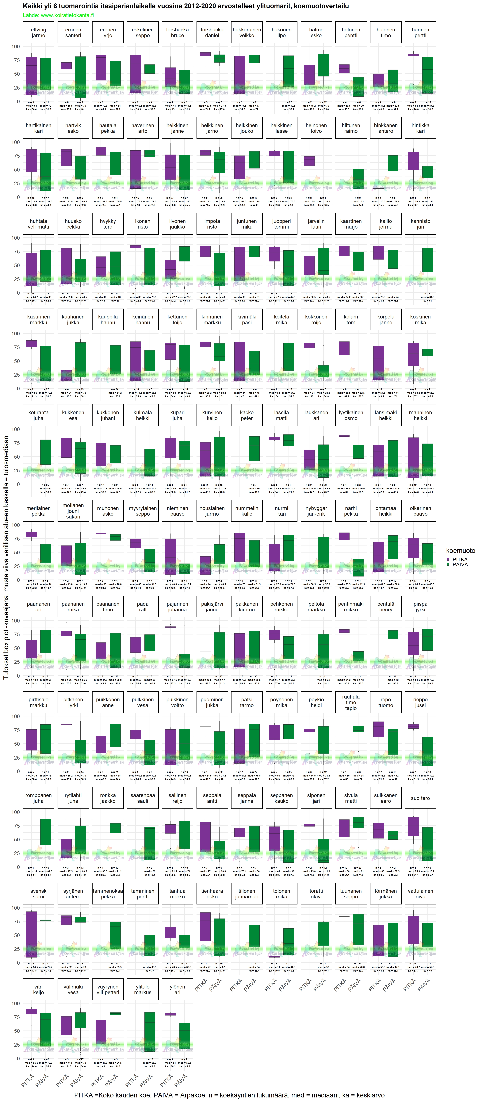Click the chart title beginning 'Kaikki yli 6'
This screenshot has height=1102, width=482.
coord(186,6)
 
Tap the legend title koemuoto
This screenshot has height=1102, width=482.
coord(460,551)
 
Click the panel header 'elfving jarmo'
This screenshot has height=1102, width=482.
coord(39,33)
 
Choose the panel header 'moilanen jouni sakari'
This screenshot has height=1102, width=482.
coord(73,511)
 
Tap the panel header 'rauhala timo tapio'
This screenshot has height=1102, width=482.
coord(351,702)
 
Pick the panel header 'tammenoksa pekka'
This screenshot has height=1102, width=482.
coord(108,894)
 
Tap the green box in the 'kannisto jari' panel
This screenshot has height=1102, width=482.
coord(427,260)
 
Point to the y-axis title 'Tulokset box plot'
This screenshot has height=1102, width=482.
coord(6,556)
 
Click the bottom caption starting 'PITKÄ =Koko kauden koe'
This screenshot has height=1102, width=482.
coord(229,1095)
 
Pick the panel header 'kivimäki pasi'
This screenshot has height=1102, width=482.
coord(247,320)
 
